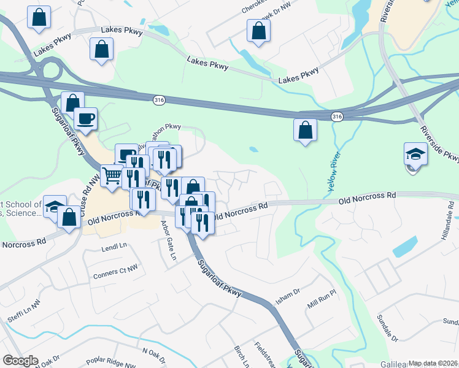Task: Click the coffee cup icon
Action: tap(85, 118)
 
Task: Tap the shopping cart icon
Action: tap(112, 175)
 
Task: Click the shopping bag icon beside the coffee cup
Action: tap(72, 102)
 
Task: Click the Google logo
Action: tap(20, 361)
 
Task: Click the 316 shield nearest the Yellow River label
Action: tap(337, 116)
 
